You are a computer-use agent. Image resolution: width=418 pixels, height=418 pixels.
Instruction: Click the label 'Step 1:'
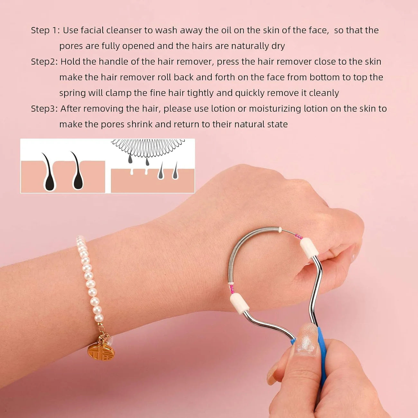(45, 30)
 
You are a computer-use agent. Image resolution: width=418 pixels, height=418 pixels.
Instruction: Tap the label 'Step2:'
(44, 61)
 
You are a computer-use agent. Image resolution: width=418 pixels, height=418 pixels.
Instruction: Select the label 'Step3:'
(44, 109)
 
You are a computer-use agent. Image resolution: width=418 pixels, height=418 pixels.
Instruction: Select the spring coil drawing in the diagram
(148, 146)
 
